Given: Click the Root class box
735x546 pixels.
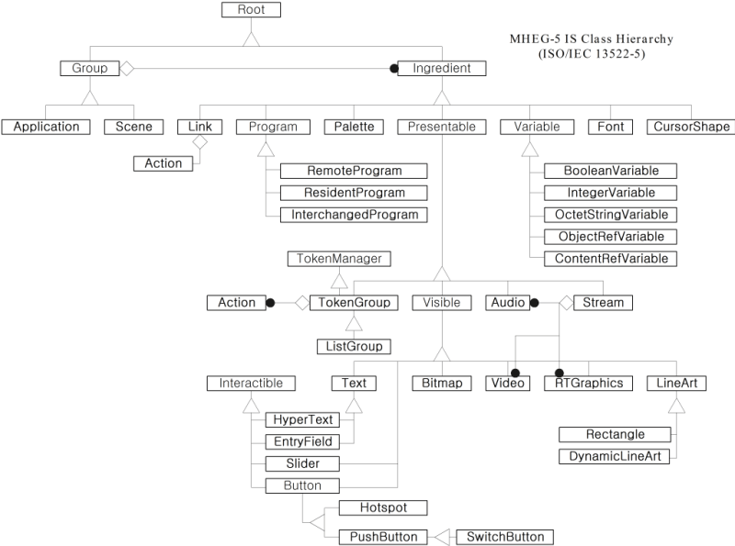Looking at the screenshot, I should point(251,10).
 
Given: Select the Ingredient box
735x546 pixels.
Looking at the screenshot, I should point(442,68).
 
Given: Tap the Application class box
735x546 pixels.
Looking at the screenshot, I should point(46,127).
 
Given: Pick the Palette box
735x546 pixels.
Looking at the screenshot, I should point(353,127).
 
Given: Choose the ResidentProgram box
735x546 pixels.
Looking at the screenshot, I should point(354,193).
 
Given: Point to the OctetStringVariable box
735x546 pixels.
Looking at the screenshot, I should point(610,215).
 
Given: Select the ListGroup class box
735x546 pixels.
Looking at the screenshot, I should point(353,346).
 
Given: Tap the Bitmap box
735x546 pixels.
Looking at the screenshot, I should point(442,384).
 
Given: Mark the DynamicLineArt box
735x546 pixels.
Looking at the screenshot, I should point(615,456).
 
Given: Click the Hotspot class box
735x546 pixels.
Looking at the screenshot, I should point(383,507).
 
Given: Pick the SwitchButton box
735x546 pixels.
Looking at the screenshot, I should point(505,537).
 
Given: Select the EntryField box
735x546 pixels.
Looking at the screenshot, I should point(302,441).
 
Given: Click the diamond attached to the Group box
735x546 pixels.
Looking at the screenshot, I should point(128,68).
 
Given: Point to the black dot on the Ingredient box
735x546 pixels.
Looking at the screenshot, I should point(393,68).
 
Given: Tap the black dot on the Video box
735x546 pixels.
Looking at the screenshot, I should point(515,373).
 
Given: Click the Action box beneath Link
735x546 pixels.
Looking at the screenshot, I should point(164,163).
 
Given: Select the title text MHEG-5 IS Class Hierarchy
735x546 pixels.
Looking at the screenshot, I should point(592,39).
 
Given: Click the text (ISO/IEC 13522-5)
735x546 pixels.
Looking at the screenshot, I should point(592,54).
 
